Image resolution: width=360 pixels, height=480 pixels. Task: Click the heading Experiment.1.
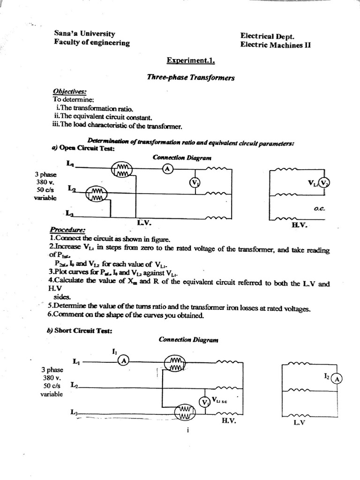(191, 61)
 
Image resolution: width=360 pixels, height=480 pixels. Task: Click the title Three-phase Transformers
(190, 78)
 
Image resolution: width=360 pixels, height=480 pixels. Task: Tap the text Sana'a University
(84, 34)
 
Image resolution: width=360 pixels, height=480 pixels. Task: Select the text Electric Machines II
(275, 45)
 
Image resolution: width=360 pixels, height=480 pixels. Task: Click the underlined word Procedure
(67, 230)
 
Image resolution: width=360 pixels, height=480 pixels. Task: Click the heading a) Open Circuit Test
(83, 148)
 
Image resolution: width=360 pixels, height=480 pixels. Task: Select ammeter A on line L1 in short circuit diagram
(123, 360)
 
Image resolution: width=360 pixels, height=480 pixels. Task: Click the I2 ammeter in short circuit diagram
(337, 379)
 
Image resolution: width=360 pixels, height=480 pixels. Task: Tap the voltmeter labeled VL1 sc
(204, 402)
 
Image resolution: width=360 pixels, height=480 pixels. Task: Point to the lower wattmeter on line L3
(184, 413)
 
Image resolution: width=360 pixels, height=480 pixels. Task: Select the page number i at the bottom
(187, 432)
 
